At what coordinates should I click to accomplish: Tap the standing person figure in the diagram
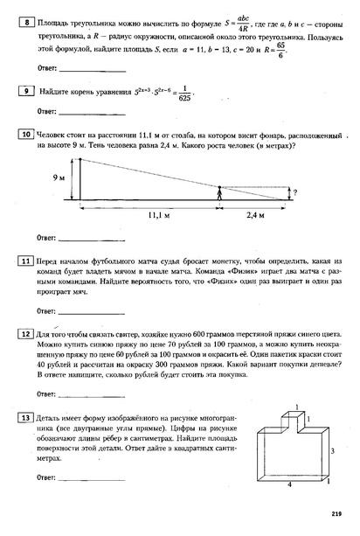[218, 192]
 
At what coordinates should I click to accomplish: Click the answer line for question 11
[91, 312]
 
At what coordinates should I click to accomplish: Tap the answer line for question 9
[91, 112]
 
